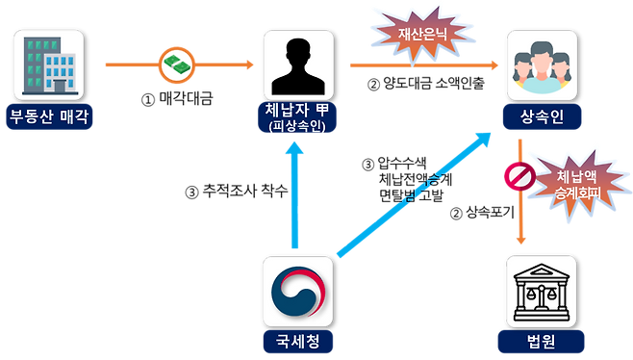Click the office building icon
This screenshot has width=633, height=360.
tap(50, 63)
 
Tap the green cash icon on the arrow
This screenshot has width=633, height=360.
tap(177, 64)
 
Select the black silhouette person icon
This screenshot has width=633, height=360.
tap(296, 64)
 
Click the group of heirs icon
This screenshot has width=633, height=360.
tap(540, 64)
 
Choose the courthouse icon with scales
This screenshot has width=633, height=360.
tap(540, 291)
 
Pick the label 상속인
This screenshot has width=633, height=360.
tap(540, 116)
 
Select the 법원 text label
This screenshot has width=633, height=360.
tap(540, 341)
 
